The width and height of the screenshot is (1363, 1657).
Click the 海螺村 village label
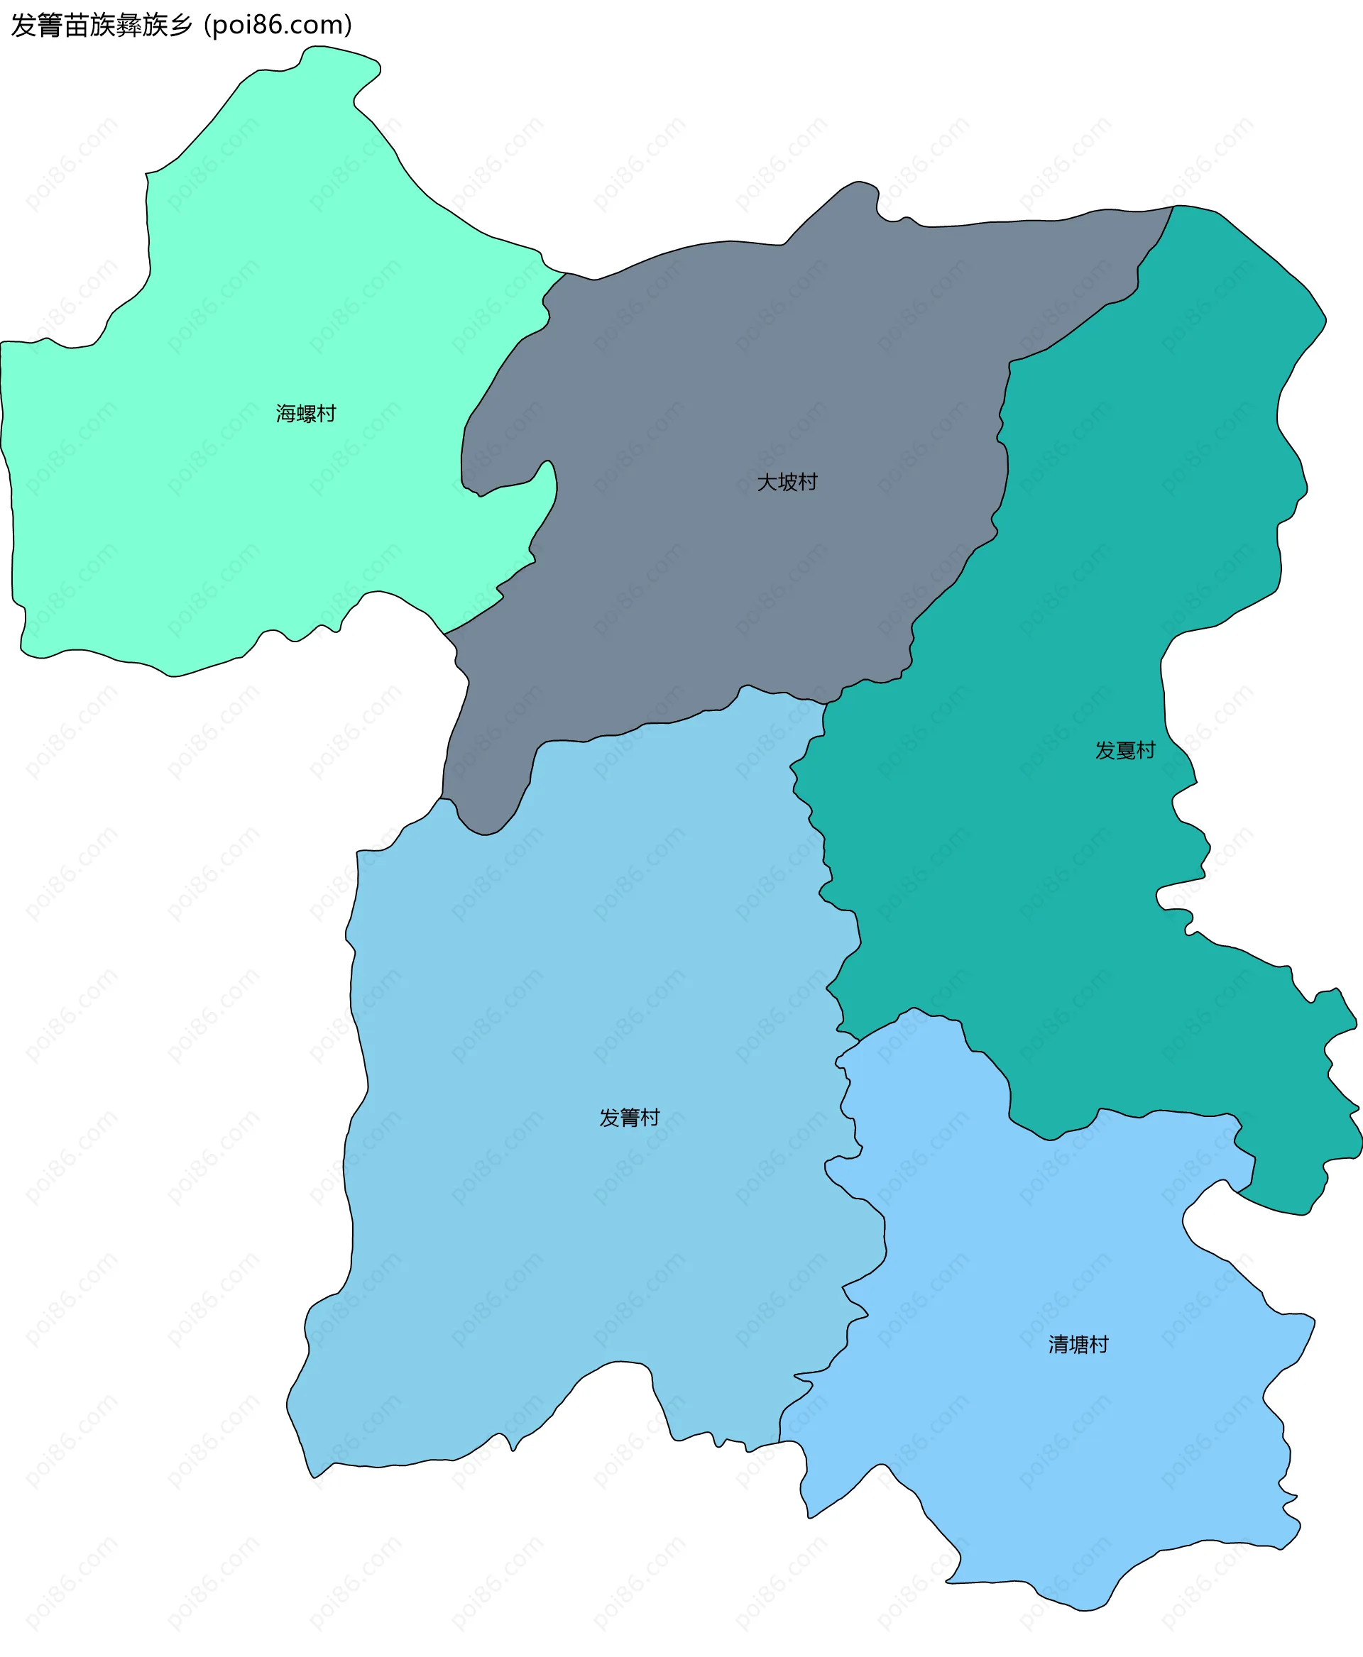tap(305, 413)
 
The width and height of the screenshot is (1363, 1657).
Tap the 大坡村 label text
tap(787, 481)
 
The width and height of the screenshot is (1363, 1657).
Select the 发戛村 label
tap(1124, 749)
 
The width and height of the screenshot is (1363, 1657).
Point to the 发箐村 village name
tap(629, 1117)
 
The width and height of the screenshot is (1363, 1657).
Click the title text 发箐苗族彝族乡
tap(102, 25)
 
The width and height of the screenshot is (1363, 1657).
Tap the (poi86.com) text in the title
tap(278, 25)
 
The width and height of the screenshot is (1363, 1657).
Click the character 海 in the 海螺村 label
tap(286, 413)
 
